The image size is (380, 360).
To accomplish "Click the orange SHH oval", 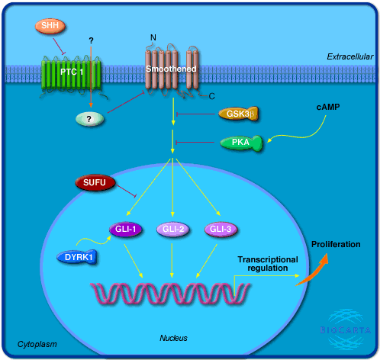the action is click(50, 26).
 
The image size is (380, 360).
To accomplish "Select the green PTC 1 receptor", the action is click(72, 73).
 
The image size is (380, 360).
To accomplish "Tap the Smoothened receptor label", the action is click(171, 69).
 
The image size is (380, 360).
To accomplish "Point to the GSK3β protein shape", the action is click(239, 114).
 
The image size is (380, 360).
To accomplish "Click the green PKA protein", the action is click(241, 143).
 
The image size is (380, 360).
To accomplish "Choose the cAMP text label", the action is click(328, 107).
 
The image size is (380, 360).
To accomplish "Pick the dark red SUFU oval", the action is click(95, 182).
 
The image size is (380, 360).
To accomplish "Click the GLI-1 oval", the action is click(126, 229).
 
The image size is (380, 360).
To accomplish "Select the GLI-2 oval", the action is click(173, 229).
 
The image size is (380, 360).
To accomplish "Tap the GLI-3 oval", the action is click(221, 229).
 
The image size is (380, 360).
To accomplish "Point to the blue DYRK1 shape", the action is click(77, 257).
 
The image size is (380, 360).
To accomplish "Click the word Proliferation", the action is click(336, 244).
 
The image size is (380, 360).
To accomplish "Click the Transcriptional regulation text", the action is click(268, 264).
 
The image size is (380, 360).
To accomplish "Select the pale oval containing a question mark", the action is click(90, 119).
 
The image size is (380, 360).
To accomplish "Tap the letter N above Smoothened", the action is click(153, 37).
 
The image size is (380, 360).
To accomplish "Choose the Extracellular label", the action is click(350, 56).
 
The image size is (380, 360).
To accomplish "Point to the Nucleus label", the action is click(173, 338).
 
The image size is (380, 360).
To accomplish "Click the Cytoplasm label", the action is click(37, 344).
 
